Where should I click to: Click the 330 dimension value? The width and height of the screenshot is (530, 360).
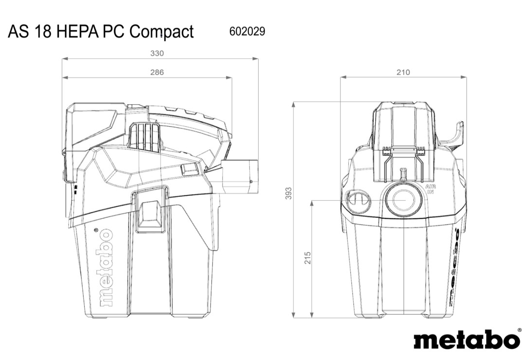click(156, 53)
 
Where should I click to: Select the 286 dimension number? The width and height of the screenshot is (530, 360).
click(156, 72)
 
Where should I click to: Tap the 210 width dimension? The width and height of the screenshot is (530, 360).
click(403, 72)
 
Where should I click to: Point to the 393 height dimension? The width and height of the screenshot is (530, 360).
click(288, 194)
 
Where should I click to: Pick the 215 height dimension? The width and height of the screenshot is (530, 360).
click(307, 258)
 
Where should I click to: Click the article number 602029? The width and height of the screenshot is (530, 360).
click(247, 32)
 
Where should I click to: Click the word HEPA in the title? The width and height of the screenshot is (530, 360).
click(77, 32)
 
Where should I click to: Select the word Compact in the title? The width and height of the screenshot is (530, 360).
click(162, 32)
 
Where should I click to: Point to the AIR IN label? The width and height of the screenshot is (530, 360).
click(430, 189)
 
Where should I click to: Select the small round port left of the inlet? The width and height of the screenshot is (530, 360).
click(358, 201)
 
